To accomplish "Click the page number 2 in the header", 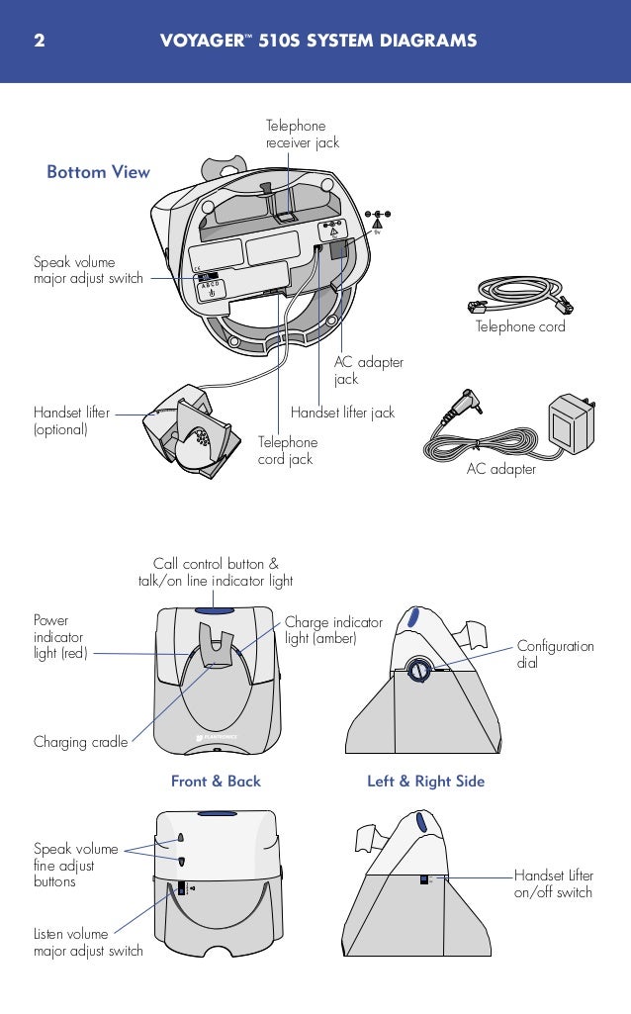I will [39, 41].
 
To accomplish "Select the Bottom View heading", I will [98, 172].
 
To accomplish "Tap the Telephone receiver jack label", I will [302, 135].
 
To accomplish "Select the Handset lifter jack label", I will [342, 412].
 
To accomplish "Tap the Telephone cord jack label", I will [287, 450].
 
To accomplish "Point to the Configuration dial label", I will [555, 654].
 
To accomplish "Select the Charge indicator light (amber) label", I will [333, 630].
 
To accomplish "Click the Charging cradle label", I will [80, 741].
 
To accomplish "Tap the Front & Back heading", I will [216, 782].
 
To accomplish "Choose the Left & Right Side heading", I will [425, 782].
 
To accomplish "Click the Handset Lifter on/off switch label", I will [553, 883].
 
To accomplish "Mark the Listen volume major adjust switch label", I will [88, 942].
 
